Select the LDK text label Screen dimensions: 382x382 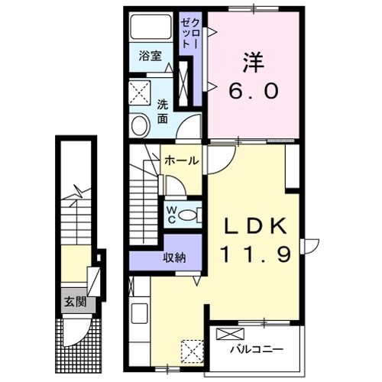click(x=256, y=226)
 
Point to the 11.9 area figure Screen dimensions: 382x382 click(x=256, y=254)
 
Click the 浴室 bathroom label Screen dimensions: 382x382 click(x=150, y=56)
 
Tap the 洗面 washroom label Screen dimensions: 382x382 click(x=163, y=112)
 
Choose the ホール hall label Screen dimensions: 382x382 click(x=182, y=160)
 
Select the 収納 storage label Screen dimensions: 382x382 click(x=173, y=257)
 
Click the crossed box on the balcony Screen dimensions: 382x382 click(x=230, y=333)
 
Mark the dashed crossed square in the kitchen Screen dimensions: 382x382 click(x=191, y=351)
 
